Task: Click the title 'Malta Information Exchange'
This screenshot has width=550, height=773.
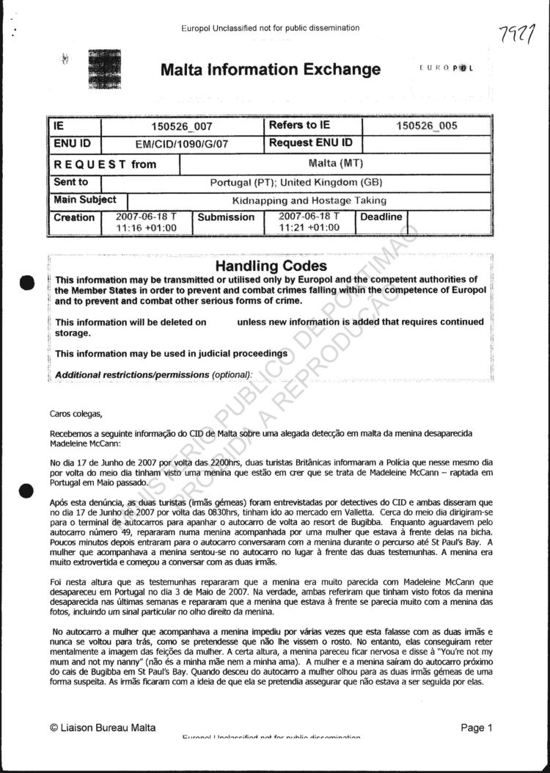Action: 271,70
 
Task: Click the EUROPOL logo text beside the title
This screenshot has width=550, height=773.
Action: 446,68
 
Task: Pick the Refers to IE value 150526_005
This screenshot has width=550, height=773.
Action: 426,126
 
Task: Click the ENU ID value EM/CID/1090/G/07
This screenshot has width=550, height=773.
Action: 182,145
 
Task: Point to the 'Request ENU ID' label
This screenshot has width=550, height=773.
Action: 310,143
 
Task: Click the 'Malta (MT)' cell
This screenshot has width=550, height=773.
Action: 337,163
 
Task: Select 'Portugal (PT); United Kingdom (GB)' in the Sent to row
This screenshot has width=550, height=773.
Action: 296,182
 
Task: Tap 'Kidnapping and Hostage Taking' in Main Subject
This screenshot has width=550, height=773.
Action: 309,200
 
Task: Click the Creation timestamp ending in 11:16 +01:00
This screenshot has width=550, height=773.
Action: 147,222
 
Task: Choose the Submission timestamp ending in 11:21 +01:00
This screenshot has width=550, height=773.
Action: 309,222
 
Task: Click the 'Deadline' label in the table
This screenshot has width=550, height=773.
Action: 381,217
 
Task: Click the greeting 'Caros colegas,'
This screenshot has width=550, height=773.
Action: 71,414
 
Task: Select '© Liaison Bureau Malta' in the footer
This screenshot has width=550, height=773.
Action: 103,727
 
